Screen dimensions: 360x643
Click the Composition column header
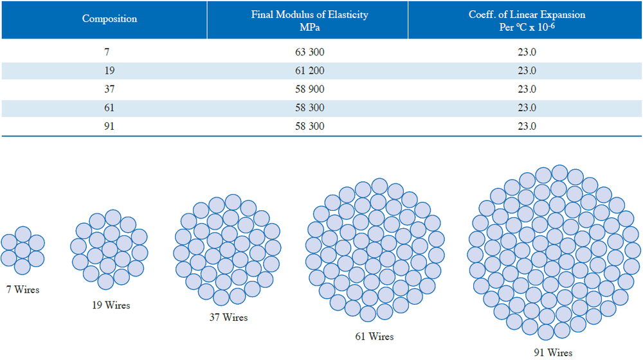[109, 19]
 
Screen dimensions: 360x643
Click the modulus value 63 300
[309, 51]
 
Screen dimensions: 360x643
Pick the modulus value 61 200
[309, 70]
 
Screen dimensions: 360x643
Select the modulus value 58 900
[309, 89]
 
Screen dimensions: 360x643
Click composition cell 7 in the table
[109, 51]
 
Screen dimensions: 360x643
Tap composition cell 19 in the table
[109, 70]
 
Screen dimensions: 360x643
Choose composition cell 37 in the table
[109, 89]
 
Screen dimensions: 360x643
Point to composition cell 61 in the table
[109, 107]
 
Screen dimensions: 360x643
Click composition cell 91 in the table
[109, 126]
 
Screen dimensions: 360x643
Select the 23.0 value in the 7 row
[527, 51]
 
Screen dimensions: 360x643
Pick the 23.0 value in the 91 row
[527, 126]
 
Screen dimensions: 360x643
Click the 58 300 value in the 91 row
[309, 126]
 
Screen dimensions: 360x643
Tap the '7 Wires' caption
[23, 290]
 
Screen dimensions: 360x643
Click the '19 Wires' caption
[111, 305]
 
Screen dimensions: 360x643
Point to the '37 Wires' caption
[228, 317]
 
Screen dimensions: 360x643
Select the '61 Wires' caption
[374, 336]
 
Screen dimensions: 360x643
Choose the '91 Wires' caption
[553, 352]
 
